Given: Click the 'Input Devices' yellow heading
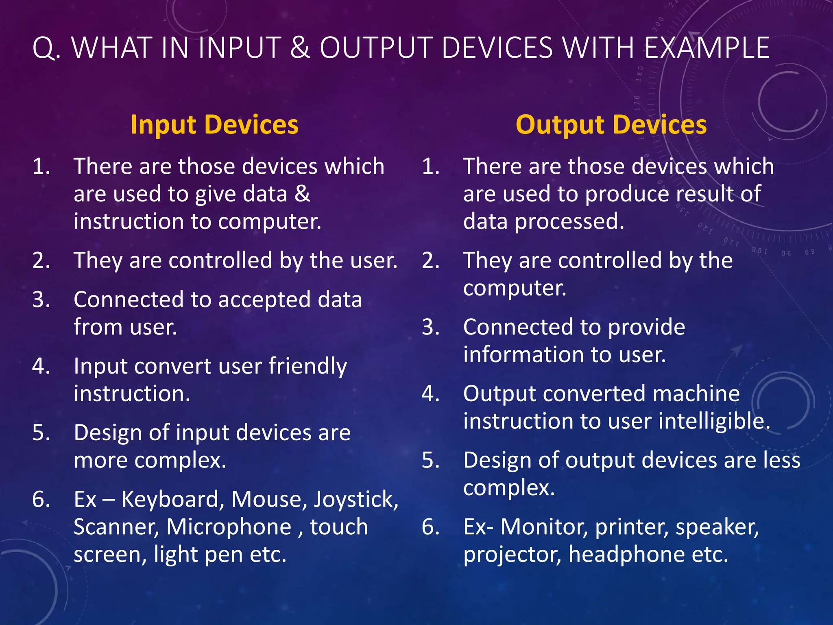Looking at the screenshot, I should pyautogui.click(x=214, y=125).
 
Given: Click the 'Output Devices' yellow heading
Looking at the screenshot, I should pyautogui.click(x=611, y=125).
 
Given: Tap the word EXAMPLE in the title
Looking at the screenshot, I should pyautogui.click(x=707, y=48).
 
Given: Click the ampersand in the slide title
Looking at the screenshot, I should pyautogui.click(x=300, y=48).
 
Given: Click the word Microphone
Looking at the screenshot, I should pyautogui.click(x=229, y=527).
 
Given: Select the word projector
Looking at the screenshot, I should pyautogui.click(x=512, y=555).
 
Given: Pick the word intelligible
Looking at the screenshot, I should pyautogui.click(x=714, y=421).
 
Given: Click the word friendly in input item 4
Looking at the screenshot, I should pyautogui.click(x=307, y=366).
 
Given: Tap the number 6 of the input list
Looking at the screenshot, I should pyautogui.click(x=41, y=499).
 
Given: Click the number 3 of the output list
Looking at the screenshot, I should pyautogui.click(x=431, y=327).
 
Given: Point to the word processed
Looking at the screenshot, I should pyautogui.click(x=569, y=222).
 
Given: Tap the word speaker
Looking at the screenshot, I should pyautogui.click(x=717, y=527).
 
